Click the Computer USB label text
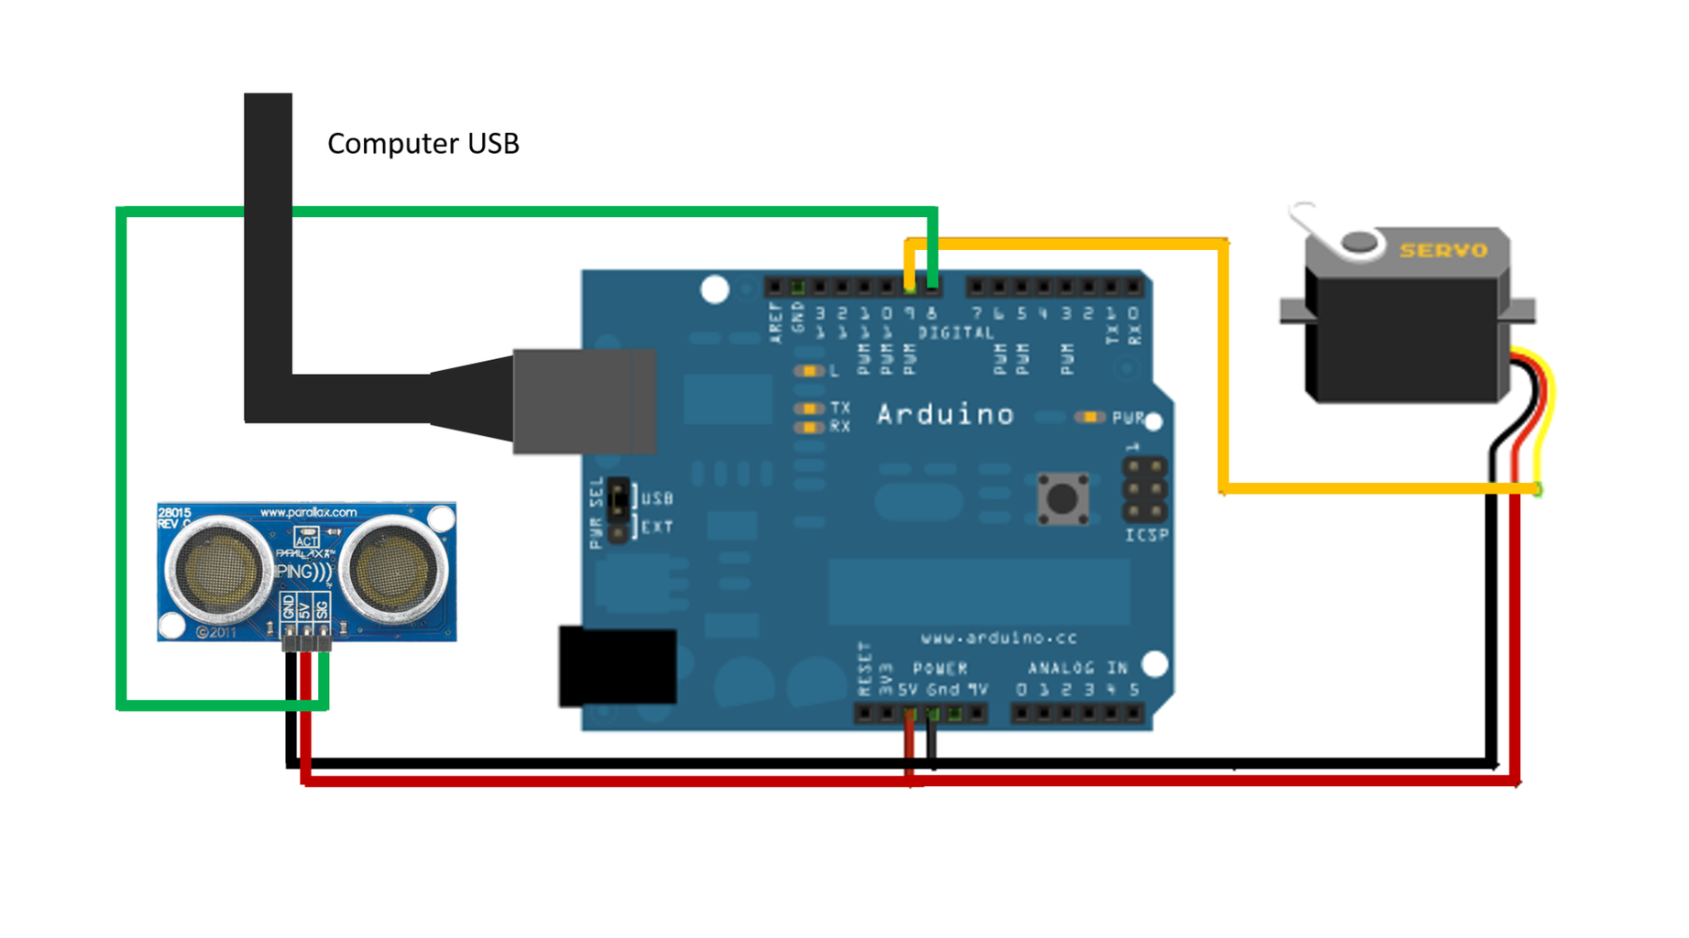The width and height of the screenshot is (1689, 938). coord(422,144)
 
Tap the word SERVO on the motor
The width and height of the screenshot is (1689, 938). coord(1442,250)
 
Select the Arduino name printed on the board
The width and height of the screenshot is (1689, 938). coord(945,415)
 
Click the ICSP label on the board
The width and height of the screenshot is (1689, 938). coord(1146,535)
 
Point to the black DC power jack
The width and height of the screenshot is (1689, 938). coord(617,666)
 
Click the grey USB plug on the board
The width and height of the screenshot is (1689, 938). coord(584,401)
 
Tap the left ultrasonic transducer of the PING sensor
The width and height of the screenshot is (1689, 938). coord(218,570)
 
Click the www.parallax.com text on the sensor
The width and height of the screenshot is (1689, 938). coord(308,512)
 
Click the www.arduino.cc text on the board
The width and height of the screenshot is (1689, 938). coord(998,638)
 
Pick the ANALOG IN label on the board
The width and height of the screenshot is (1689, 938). coord(1077,669)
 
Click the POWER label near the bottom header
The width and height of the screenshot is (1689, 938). coord(939,669)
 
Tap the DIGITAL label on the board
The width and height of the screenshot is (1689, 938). coord(956,333)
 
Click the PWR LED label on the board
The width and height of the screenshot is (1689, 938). coord(1127,418)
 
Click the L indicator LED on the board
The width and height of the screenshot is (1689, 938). coord(808,371)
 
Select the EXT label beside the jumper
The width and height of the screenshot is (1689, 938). coord(657,528)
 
